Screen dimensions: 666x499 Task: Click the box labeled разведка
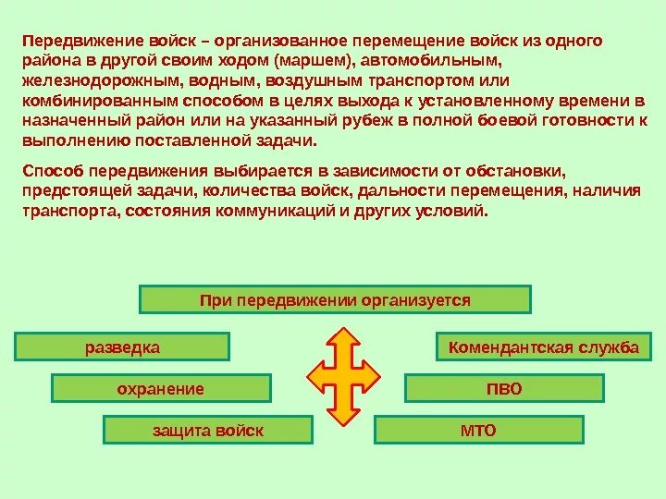tap(123, 347)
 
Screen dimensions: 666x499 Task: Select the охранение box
tap(161, 389)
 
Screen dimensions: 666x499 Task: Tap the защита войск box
tap(207, 431)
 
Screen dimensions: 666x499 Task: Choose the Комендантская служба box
tap(543, 347)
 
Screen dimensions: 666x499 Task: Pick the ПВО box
tap(504, 389)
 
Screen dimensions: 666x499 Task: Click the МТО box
tap(478, 431)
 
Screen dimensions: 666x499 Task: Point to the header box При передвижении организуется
tap(335, 300)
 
